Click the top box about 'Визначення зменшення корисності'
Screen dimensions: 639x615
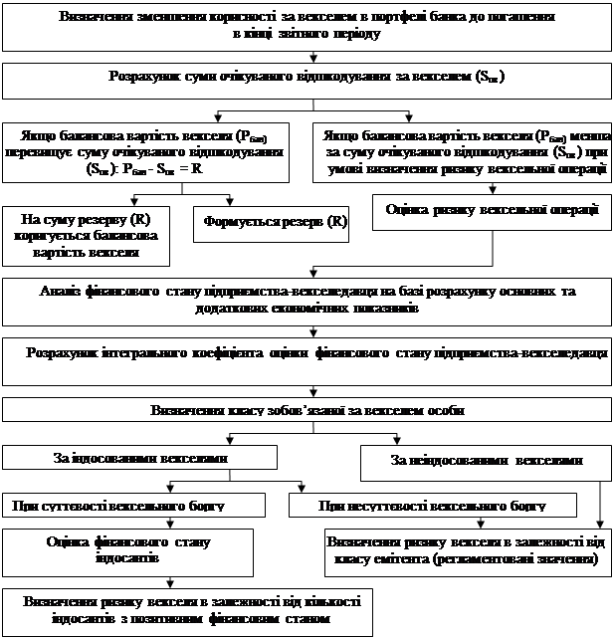[x=307, y=26]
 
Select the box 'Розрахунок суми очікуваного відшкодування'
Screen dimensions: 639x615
[x=307, y=78]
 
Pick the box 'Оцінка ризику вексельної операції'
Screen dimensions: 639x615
[x=492, y=210]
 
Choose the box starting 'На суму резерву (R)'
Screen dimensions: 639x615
[x=83, y=235]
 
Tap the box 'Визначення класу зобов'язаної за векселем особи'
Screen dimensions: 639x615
[x=307, y=410]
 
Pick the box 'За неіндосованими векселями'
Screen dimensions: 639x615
[x=486, y=461]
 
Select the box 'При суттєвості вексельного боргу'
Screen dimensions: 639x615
[x=133, y=506]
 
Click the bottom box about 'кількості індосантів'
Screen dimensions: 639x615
[x=187, y=611]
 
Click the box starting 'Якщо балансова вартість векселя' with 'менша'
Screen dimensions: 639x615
[x=462, y=151]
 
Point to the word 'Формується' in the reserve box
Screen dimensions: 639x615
[x=240, y=222]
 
